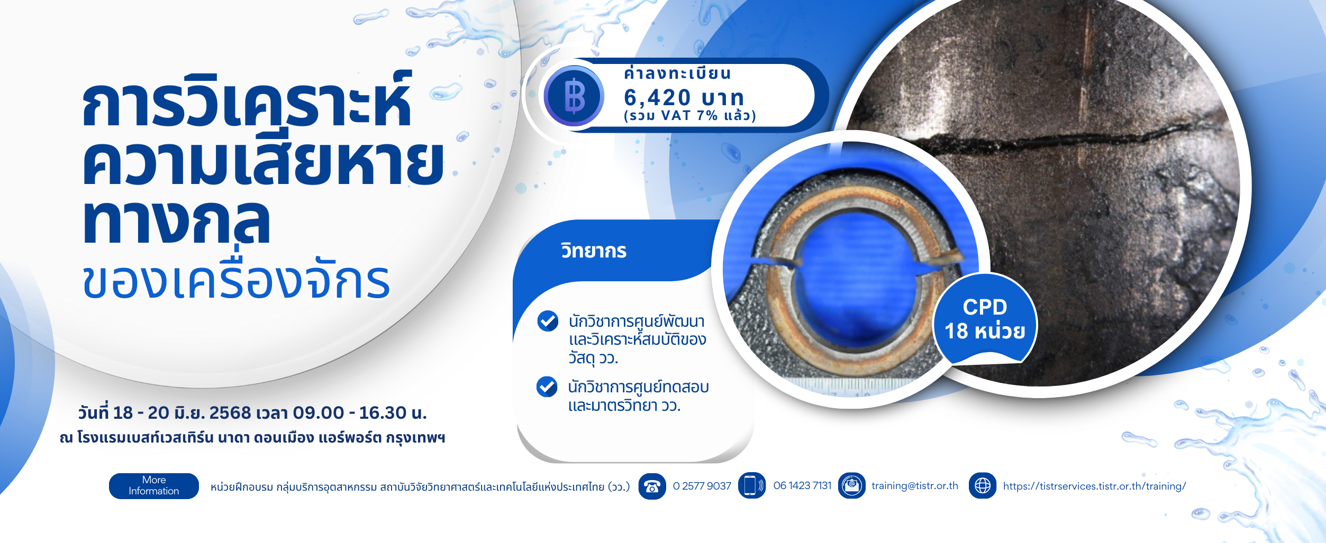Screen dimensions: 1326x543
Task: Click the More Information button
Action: [x=154, y=485]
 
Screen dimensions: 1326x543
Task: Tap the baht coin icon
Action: [x=574, y=96]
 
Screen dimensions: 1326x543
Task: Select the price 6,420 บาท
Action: [x=684, y=98]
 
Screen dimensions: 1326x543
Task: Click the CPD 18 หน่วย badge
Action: [x=985, y=319]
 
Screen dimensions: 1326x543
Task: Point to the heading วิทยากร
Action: [x=594, y=251]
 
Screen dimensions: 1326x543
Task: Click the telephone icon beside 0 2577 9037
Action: [x=652, y=486]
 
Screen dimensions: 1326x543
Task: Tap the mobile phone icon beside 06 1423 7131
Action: [x=752, y=485]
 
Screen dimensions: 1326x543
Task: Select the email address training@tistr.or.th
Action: [x=915, y=485]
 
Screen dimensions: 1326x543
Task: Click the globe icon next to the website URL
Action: [x=983, y=485]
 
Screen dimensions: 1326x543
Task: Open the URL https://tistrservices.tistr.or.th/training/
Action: [x=1094, y=486]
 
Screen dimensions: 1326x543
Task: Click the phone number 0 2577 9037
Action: [x=702, y=485]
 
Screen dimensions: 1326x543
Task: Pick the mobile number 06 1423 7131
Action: [x=802, y=485]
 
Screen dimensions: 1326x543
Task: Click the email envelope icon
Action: [x=852, y=485]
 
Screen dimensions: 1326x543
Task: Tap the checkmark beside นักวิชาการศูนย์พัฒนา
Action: [x=548, y=321]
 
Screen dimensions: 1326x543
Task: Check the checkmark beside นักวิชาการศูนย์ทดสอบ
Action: [x=547, y=386]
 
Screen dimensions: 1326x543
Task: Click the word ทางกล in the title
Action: [x=176, y=222]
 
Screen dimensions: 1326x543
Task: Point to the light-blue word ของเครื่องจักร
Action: [x=236, y=279]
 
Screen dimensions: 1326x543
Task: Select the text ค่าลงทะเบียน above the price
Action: [x=677, y=73]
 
